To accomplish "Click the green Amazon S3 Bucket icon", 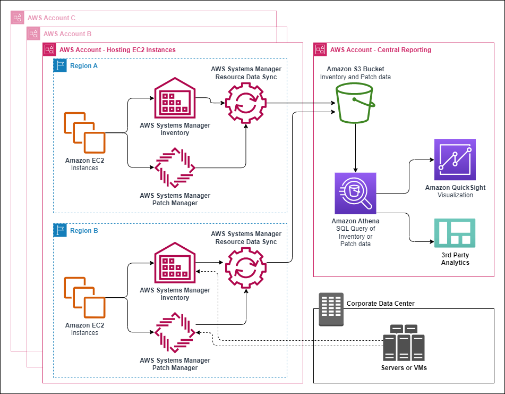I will click(x=355, y=104).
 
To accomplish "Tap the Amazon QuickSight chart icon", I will click(x=455, y=160).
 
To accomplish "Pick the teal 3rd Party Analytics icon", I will click(x=455, y=232).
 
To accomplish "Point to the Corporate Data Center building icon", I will click(x=330, y=309).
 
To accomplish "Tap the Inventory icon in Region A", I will click(x=175, y=99).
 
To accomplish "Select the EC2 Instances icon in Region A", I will click(x=85, y=132).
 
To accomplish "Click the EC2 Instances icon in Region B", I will click(x=85, y=297).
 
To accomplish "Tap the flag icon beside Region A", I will click(x=60, y=66).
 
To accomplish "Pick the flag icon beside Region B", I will click(x=60, y=231).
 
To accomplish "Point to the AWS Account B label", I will click(x=67, y=33).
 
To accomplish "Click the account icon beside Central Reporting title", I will click(x=320, y=49).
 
